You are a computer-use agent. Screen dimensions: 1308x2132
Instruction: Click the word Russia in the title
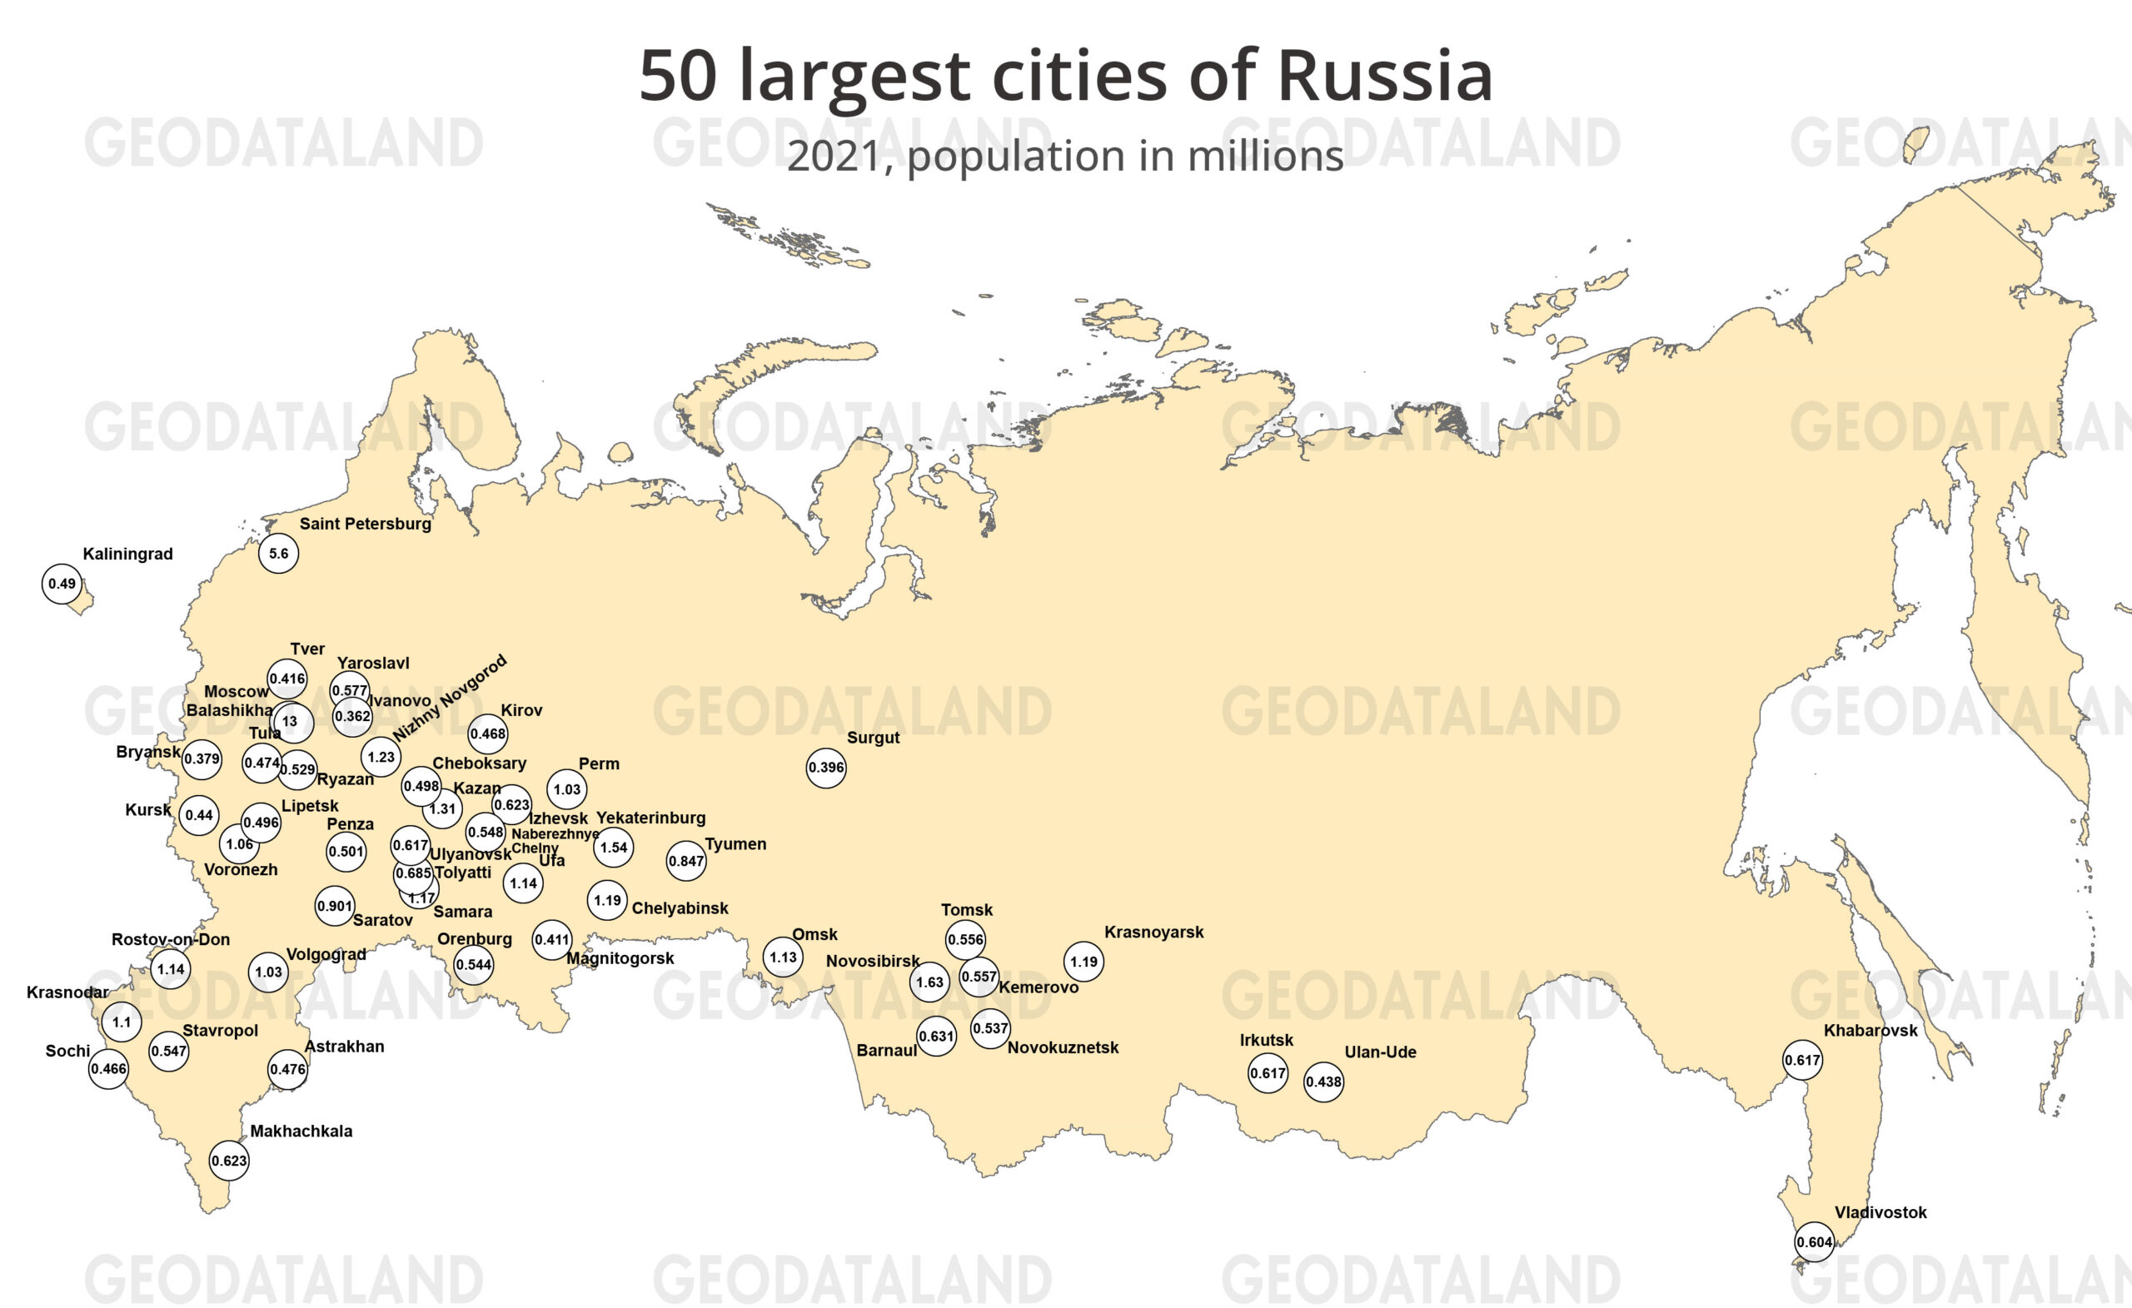tap(1384, 76)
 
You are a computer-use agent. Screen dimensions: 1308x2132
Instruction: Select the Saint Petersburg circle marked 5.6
tap(279, 554)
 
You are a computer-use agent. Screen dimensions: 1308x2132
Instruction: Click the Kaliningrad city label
tap(127, 554)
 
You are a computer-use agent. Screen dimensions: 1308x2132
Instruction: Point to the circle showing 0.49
tap(62, 584)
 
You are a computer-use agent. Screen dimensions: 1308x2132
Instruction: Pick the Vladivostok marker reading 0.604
tap(1814, 1242)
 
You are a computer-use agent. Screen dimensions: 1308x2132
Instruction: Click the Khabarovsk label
tap(1870, 1030)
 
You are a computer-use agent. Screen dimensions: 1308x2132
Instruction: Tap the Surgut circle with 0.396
tap(825, 768)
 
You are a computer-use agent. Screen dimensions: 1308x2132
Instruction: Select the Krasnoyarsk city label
tap(1153, 932)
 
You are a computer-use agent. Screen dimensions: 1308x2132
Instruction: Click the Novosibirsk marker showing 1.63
tap(929, 982)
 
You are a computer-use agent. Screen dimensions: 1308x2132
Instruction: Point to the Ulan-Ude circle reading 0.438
tap(1323, 1082)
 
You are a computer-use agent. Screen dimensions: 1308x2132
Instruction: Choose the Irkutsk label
tap(1266, 1040)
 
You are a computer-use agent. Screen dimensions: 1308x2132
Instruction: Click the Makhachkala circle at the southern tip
tap(229, 1161)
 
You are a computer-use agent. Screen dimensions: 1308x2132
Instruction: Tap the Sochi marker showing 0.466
tap(108, 1068)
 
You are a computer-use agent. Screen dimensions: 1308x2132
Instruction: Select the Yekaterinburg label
tap(650, 818)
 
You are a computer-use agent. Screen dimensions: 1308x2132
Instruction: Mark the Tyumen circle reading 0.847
tap(685, 861)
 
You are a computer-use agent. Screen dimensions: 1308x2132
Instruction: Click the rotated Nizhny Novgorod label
tap(449, 698)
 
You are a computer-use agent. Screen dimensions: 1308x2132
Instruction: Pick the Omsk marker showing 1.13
tap(783, 957)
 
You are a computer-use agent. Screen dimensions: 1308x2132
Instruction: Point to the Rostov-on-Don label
tap(171, 939)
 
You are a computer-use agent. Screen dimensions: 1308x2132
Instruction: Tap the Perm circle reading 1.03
tap(567, 789)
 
